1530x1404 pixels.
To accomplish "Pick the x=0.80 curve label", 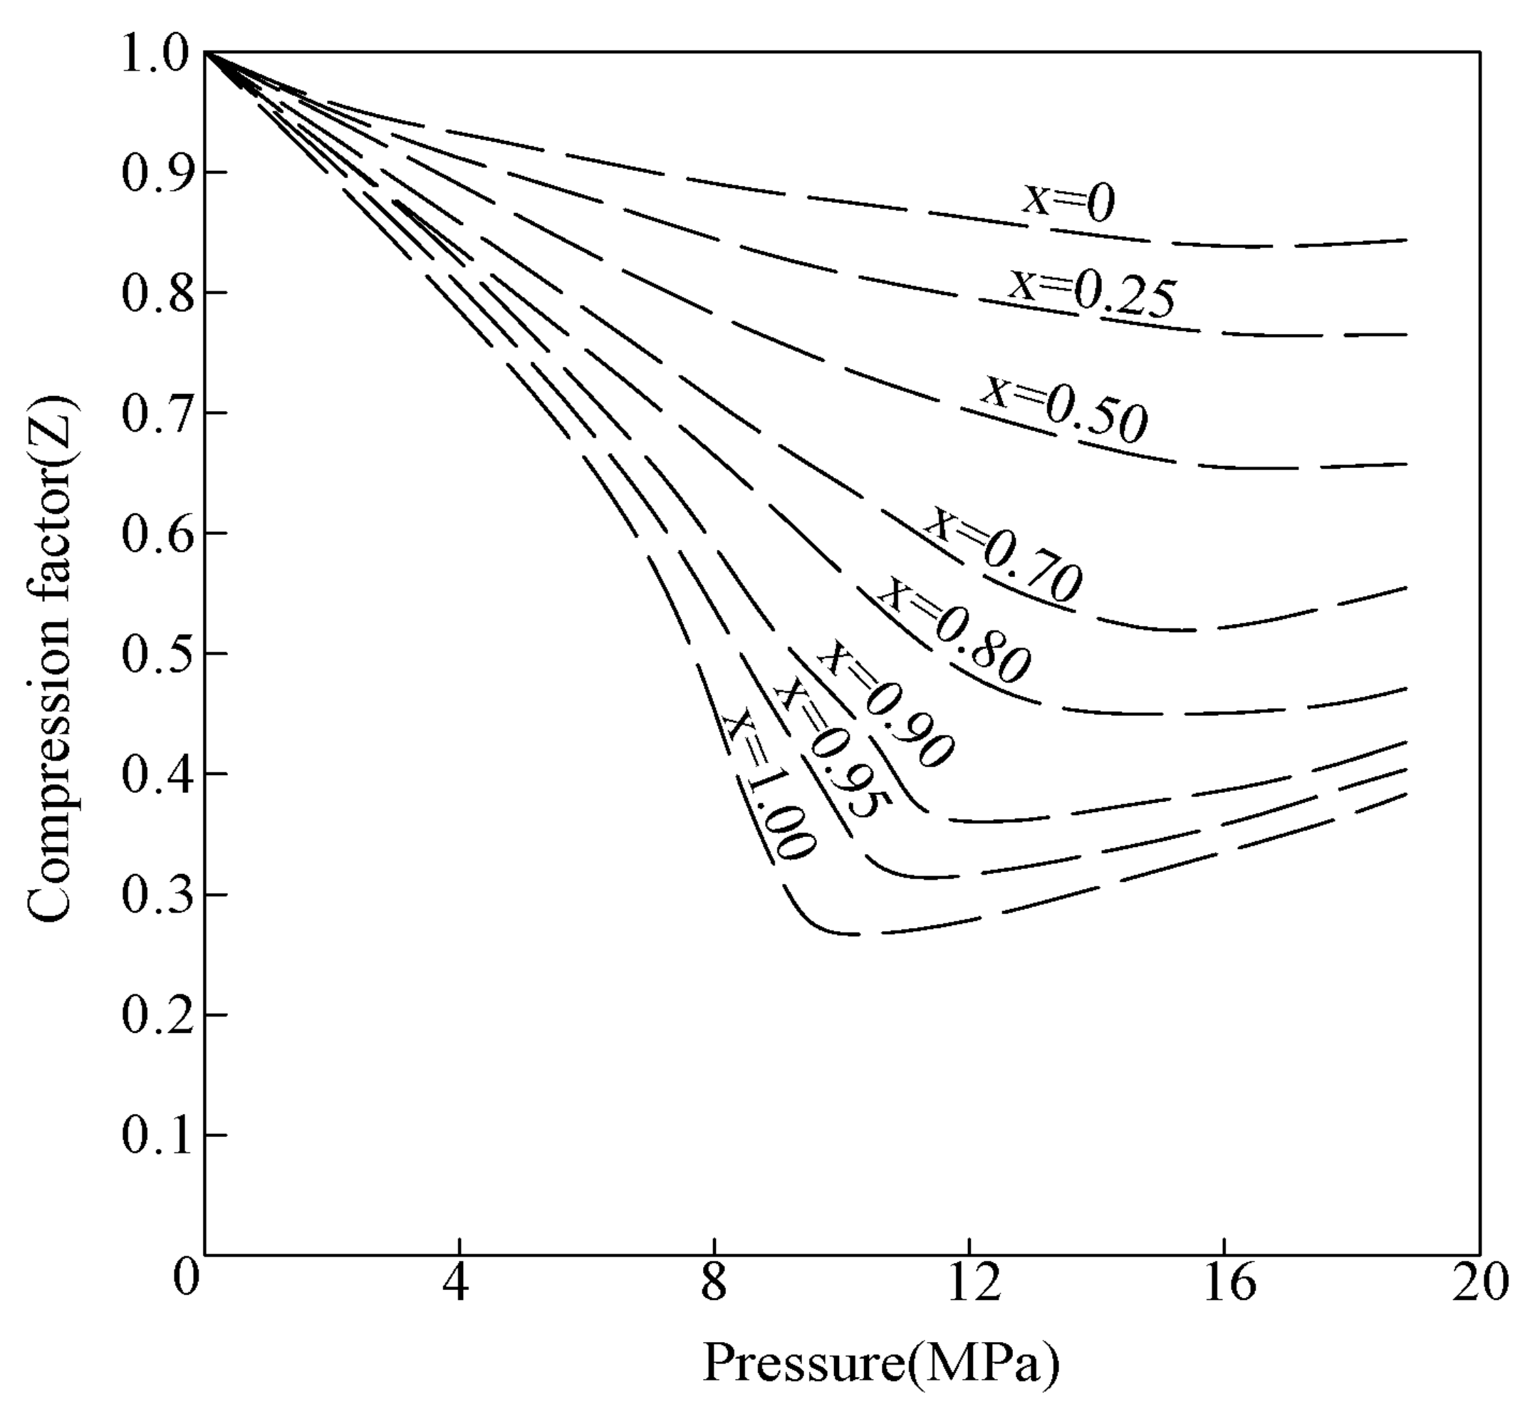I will coord(955,630).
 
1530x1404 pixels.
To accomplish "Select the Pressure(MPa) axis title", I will coord(880,1363).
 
